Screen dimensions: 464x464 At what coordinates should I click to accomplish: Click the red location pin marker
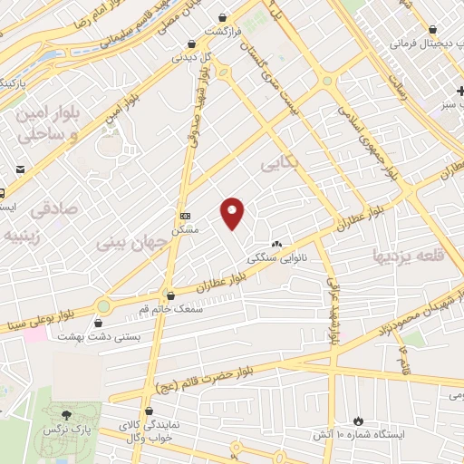coord(233,213)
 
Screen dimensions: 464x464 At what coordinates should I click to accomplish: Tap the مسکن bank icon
coord(186,216)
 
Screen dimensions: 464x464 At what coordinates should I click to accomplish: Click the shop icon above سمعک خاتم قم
coord(170,295)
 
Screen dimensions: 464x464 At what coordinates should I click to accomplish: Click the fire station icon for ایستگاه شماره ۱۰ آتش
coord(359,420)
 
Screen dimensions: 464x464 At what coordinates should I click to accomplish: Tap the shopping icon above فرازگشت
coord(224,17)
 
